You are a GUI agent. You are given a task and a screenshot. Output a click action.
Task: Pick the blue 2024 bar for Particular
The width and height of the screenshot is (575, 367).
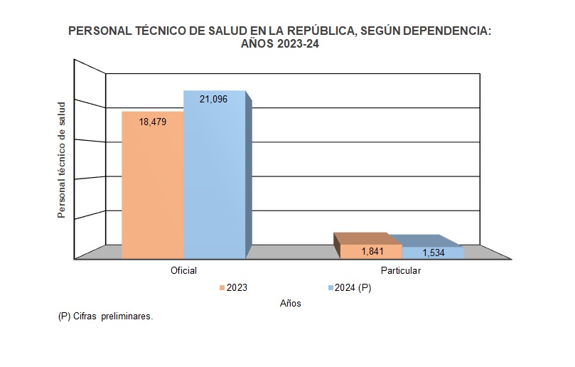tap(433, 252)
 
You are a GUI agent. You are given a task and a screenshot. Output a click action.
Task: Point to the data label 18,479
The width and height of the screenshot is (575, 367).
tap(153, 122)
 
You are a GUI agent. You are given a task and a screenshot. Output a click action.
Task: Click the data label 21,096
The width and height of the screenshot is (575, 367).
tap(213, 99)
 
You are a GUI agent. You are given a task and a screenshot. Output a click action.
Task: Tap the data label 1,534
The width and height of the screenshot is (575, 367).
tap(434, 252)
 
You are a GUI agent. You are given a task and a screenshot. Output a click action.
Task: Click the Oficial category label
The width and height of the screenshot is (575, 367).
tap(183, 271)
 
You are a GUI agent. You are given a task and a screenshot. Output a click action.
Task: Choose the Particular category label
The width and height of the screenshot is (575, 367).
tap(401, 271)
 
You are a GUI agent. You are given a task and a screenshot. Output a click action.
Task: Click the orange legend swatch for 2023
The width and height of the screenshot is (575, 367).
tap(222, 288)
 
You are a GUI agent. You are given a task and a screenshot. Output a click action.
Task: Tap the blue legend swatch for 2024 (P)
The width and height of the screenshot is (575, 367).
tap(330, 288)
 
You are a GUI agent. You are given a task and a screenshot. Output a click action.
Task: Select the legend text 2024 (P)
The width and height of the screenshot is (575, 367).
tap(353, 288)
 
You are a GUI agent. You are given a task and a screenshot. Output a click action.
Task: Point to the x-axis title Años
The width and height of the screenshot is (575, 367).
tap(290, 304)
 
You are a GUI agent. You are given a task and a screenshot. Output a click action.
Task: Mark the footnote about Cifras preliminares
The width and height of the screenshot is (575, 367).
tap(105, 317)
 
